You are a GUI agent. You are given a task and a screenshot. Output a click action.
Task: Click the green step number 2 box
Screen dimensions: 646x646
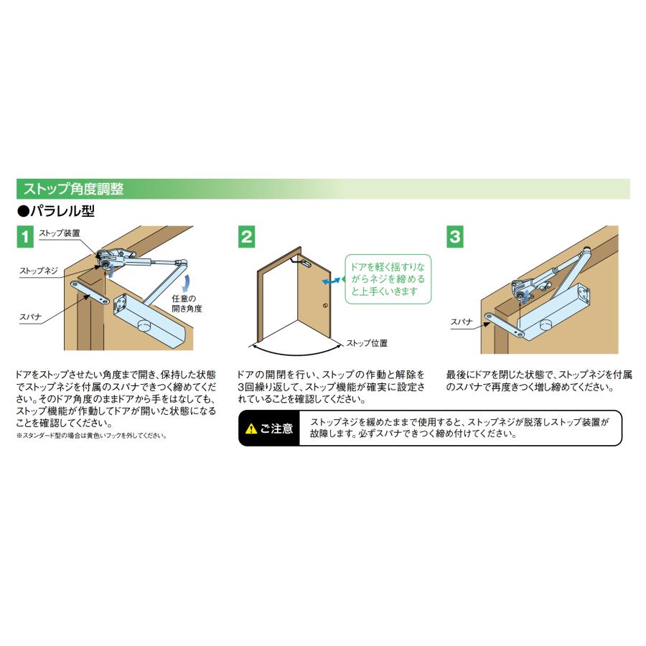[246, 236]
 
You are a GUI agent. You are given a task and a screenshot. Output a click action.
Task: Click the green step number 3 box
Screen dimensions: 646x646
[454, 236]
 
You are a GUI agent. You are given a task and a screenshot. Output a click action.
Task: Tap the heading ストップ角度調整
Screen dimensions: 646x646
[74, 189]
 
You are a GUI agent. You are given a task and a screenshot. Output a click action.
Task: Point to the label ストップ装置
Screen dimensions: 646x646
[59, 233]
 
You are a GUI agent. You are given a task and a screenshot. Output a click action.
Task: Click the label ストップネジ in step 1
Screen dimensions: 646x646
[39, 271]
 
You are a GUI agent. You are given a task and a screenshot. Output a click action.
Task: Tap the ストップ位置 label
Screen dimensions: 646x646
[367, 343]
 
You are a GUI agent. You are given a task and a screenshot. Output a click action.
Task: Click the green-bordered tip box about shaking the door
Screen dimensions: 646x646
[388, 279]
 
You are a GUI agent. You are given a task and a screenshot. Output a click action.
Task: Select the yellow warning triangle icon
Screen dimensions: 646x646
[251, 429]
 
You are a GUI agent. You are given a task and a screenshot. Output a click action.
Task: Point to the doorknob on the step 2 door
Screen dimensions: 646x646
[326, 307]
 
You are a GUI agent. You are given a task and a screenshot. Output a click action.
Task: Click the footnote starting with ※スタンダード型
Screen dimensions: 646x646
[91, 436]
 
